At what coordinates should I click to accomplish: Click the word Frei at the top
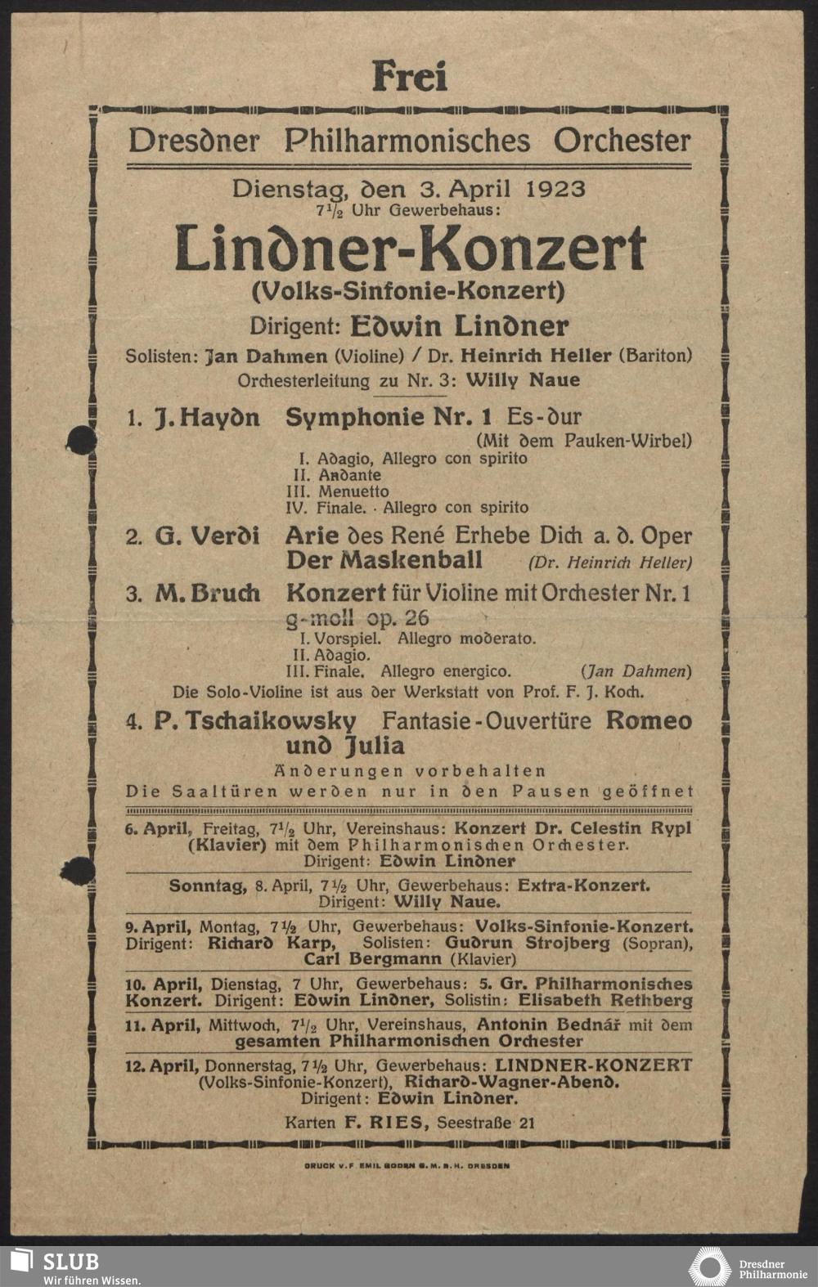click(x=410, y=77)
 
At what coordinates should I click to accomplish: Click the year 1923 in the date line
click(x=556, y=189)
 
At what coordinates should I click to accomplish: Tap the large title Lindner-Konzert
click(x=410, y=249)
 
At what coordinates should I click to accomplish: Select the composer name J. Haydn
click(x=207, y=418)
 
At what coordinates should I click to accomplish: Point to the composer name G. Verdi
click(x=207, y=536)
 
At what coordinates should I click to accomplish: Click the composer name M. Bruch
click(x=208, y=593)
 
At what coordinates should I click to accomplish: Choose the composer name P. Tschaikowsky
click(x=254, y=721)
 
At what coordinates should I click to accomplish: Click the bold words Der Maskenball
click(x=384, y=561)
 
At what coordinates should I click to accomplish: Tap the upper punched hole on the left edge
click(x=80, y=440)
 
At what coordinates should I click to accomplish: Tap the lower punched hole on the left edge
click(x=77, y=870)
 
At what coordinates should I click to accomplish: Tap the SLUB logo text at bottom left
click(x=70, y=1260)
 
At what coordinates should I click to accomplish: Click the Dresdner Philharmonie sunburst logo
click(x=710, y=1267)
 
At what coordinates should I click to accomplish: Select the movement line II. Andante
click(x=337, y=475)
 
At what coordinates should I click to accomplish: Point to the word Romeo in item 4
click(x=649, y=721)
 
